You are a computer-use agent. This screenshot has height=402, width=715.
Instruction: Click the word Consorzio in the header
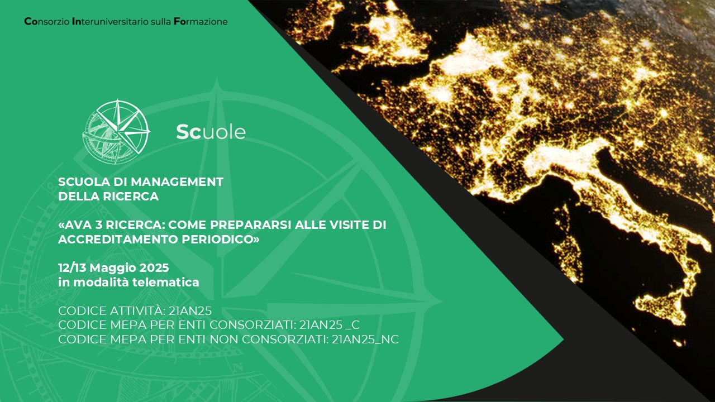[47, 22]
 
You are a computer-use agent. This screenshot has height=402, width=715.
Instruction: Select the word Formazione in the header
[201, 22]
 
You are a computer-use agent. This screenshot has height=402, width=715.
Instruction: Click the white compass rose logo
[116, 131]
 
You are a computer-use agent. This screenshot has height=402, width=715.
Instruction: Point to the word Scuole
[211, 132]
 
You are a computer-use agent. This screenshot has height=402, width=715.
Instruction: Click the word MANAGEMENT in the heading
[177, 182]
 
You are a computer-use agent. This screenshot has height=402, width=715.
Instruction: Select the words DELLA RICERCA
[108, 197]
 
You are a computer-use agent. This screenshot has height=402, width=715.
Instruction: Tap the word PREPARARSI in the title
[251, 225]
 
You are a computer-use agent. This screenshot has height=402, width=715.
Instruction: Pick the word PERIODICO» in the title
[221, 240]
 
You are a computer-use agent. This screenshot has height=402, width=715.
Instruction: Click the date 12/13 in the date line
[72, 267]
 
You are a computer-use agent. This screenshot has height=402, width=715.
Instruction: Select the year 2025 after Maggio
[154, 267]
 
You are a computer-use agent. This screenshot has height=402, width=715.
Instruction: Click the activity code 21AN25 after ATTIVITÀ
[190, 311]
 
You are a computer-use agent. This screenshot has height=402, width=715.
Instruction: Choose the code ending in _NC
[365, 339]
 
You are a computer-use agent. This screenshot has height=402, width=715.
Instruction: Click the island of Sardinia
[568, 244]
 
